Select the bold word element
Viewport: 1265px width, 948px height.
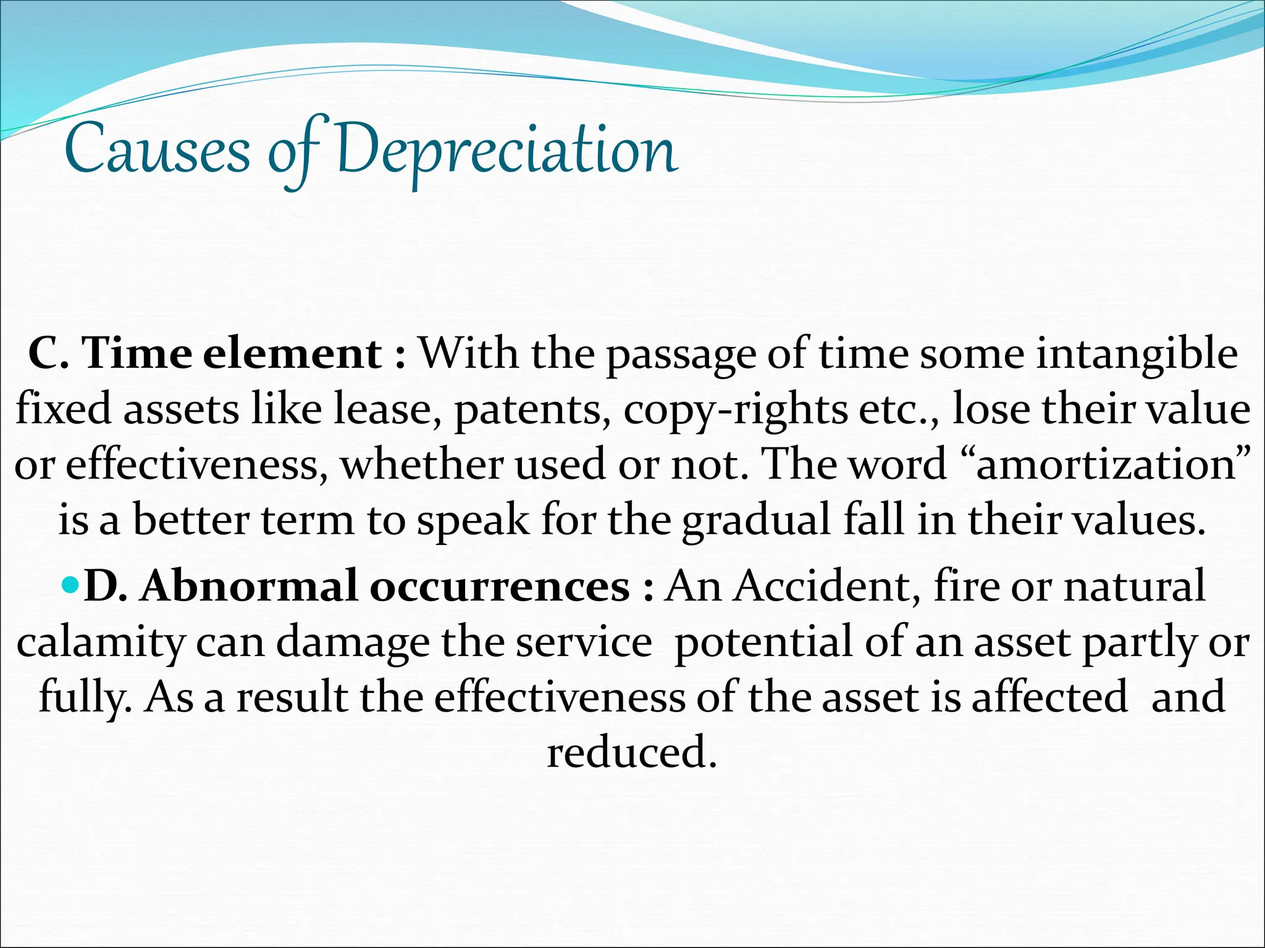click(292, 354)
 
